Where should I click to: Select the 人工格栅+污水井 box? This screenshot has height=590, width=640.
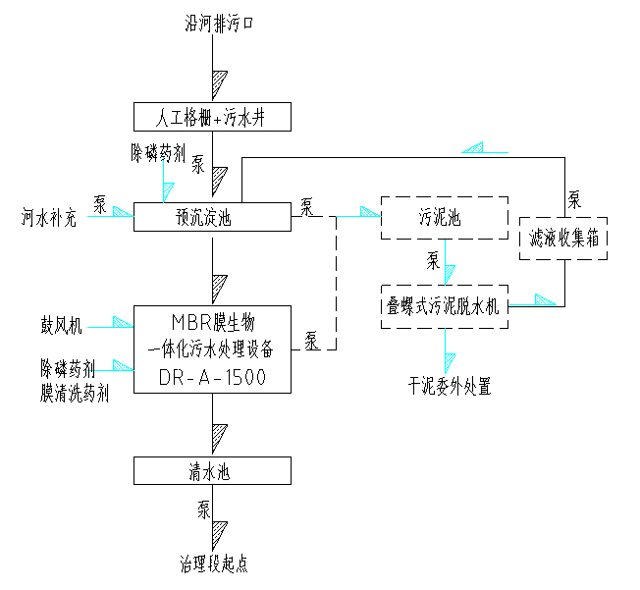(x=212, y=118)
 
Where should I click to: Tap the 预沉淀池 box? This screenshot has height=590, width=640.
(x=212, y=216)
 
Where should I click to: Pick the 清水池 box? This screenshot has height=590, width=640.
(x=212, y=471)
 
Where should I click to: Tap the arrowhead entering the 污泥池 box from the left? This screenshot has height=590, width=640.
(x=370, y=211)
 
